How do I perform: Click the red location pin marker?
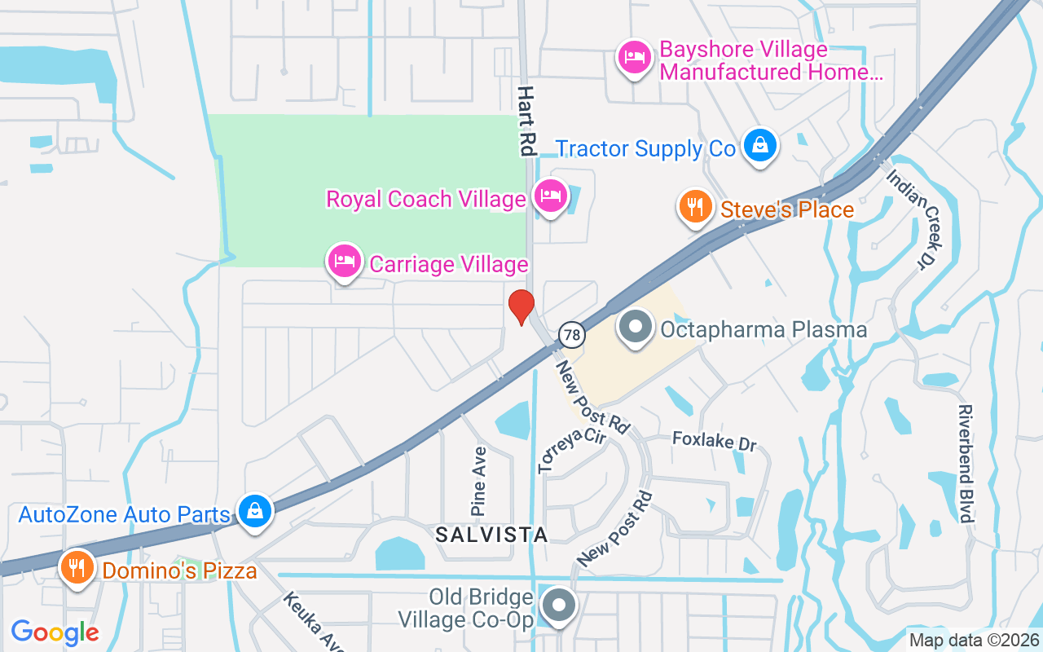pyautogui.click(x=521, y=307)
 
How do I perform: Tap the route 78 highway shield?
pyautogui.click(x=572, y=333)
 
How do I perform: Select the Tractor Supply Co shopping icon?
pyautogui.click(x=759, y=146)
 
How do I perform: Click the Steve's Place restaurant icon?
pyautogui.click(x=695, y=207)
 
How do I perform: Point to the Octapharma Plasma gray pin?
pyautogui.click(x=636, y=328)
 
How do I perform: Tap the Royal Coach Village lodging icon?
pyautogui.click(x=550, y=196)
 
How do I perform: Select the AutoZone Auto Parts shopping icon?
pyautogui.click(x=255, y=511)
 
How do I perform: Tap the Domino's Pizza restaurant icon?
pyautogui.click(x=77, y=567)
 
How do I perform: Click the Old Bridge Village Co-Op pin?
pyautogui.click(x=559, y=606)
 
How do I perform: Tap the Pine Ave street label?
pyautogui.click(x=479, y=481)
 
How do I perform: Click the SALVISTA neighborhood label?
pyautogui.click(x=491, y=535)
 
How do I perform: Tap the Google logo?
pyautogui.click(x=55, y=632)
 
